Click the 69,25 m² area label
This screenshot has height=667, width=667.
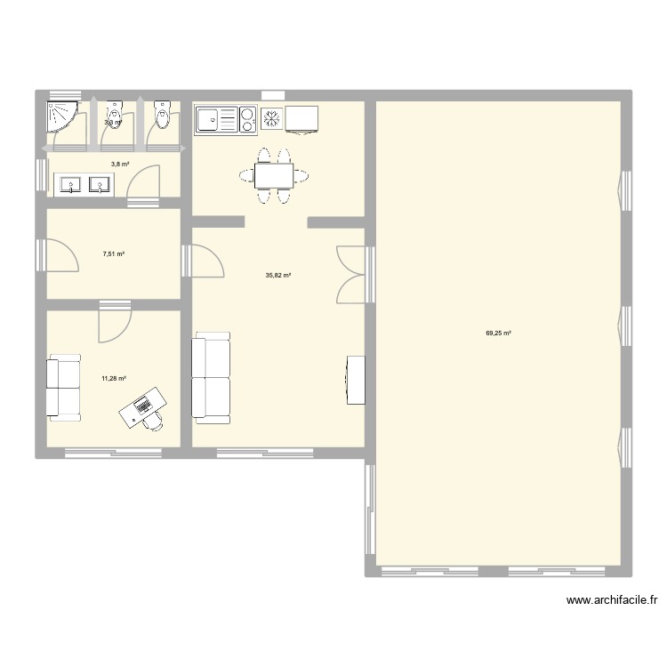(x=498, y=333)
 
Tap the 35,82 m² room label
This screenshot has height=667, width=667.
(x=278, y=276)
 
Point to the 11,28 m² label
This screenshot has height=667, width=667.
(x=113, y=378)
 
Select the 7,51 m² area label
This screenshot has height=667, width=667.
(x=114, y=253)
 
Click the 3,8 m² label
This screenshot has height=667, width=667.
(x=120, y=164)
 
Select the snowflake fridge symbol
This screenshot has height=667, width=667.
(x=271, y=118)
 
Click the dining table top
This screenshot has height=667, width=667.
(x=273, y=175)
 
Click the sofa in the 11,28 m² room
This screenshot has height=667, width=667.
(x=64, y=387)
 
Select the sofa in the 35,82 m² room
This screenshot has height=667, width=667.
(x=212, y=376)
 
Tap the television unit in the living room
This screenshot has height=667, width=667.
(x=356, y=379)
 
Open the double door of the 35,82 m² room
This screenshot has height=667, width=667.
(x=350, y=275)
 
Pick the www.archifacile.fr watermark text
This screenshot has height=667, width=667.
(x=612, y=600)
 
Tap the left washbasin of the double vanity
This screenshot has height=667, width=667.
(x=70, y=185)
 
